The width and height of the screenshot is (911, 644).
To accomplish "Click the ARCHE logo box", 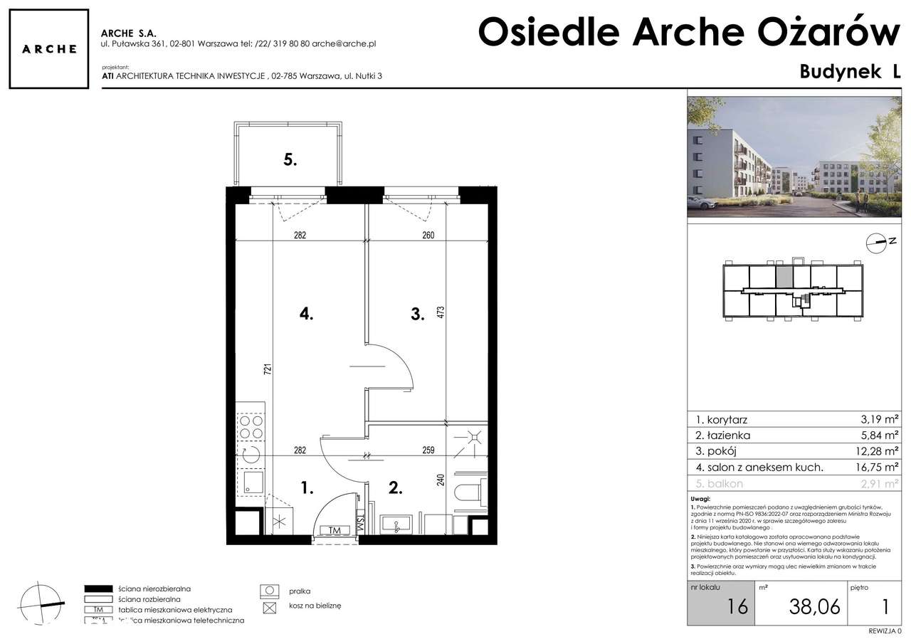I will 48,49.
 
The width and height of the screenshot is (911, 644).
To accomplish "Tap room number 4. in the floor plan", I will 307,313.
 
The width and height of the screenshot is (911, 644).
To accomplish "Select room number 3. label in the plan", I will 417,313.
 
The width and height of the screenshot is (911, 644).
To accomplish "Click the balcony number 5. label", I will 290,159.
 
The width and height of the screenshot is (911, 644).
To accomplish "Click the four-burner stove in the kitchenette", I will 251,426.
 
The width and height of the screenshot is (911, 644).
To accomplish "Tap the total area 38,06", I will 814,606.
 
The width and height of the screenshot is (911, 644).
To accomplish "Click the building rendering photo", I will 794,157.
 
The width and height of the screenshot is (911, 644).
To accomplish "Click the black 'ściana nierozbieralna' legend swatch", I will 99,589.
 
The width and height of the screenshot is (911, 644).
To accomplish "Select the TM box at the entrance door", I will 335,529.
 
